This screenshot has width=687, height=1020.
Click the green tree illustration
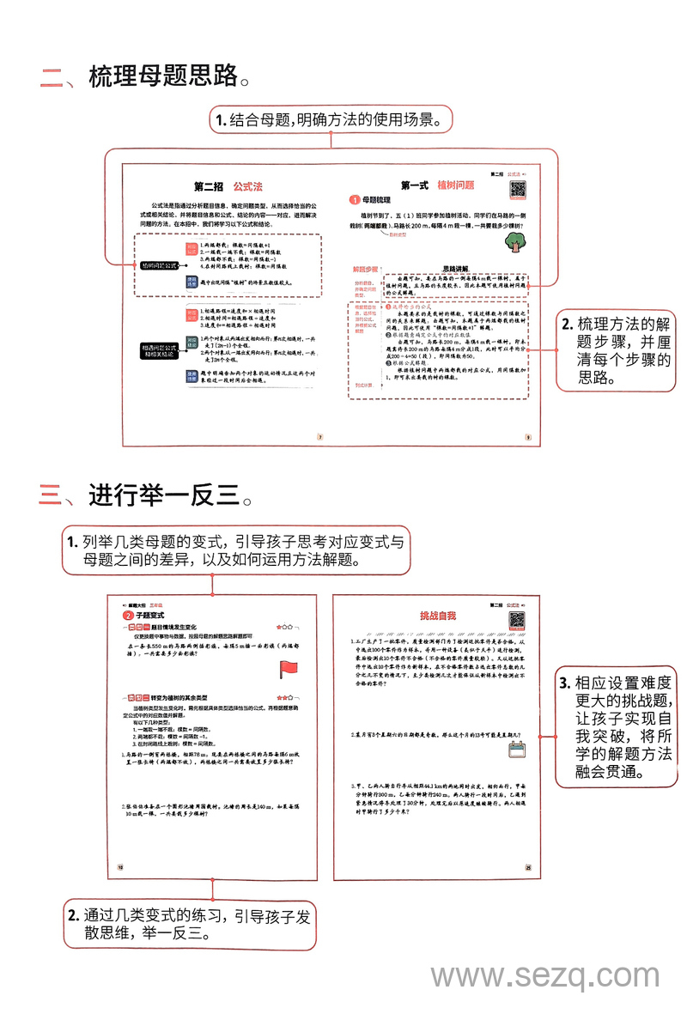point(515,242)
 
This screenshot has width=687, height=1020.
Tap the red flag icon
point(288,669)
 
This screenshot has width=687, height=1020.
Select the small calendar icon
point(516,750)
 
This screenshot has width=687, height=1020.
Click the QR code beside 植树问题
point(520,188)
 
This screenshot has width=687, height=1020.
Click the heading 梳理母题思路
point(162,76)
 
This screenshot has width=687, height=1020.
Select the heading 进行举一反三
point(162,495)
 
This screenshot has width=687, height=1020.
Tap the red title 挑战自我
point(438,616)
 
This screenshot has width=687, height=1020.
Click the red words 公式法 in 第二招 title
point(247,186)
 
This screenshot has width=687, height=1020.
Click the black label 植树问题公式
point(160,266)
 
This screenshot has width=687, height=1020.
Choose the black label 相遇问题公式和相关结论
point(160,350)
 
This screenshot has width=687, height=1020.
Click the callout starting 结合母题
point(331,120)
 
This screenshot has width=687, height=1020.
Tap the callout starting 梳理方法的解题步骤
point(616,350)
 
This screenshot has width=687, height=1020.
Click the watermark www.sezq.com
point(544,976)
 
